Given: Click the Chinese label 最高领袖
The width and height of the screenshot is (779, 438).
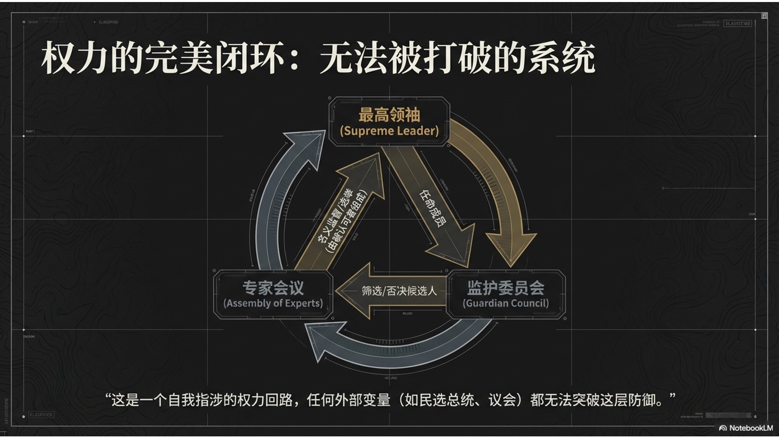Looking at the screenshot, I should click(389, 115).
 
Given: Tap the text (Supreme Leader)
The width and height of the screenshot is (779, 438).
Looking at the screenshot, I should click(389, 131).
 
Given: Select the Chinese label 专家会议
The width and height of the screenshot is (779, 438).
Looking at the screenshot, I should click(273, 288).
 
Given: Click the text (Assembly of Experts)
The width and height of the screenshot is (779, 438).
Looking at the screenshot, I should click(273, 303).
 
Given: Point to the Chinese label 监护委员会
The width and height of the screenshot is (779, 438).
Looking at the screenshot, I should click(506, 288).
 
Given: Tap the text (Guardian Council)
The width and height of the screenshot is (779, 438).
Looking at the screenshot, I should click(506, 303).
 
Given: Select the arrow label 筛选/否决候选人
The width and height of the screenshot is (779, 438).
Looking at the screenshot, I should click(399, 291).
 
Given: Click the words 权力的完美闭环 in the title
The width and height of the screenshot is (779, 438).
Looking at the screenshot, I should click(162, 58).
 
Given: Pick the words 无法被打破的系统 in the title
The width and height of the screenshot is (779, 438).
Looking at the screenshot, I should click(457, 58).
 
